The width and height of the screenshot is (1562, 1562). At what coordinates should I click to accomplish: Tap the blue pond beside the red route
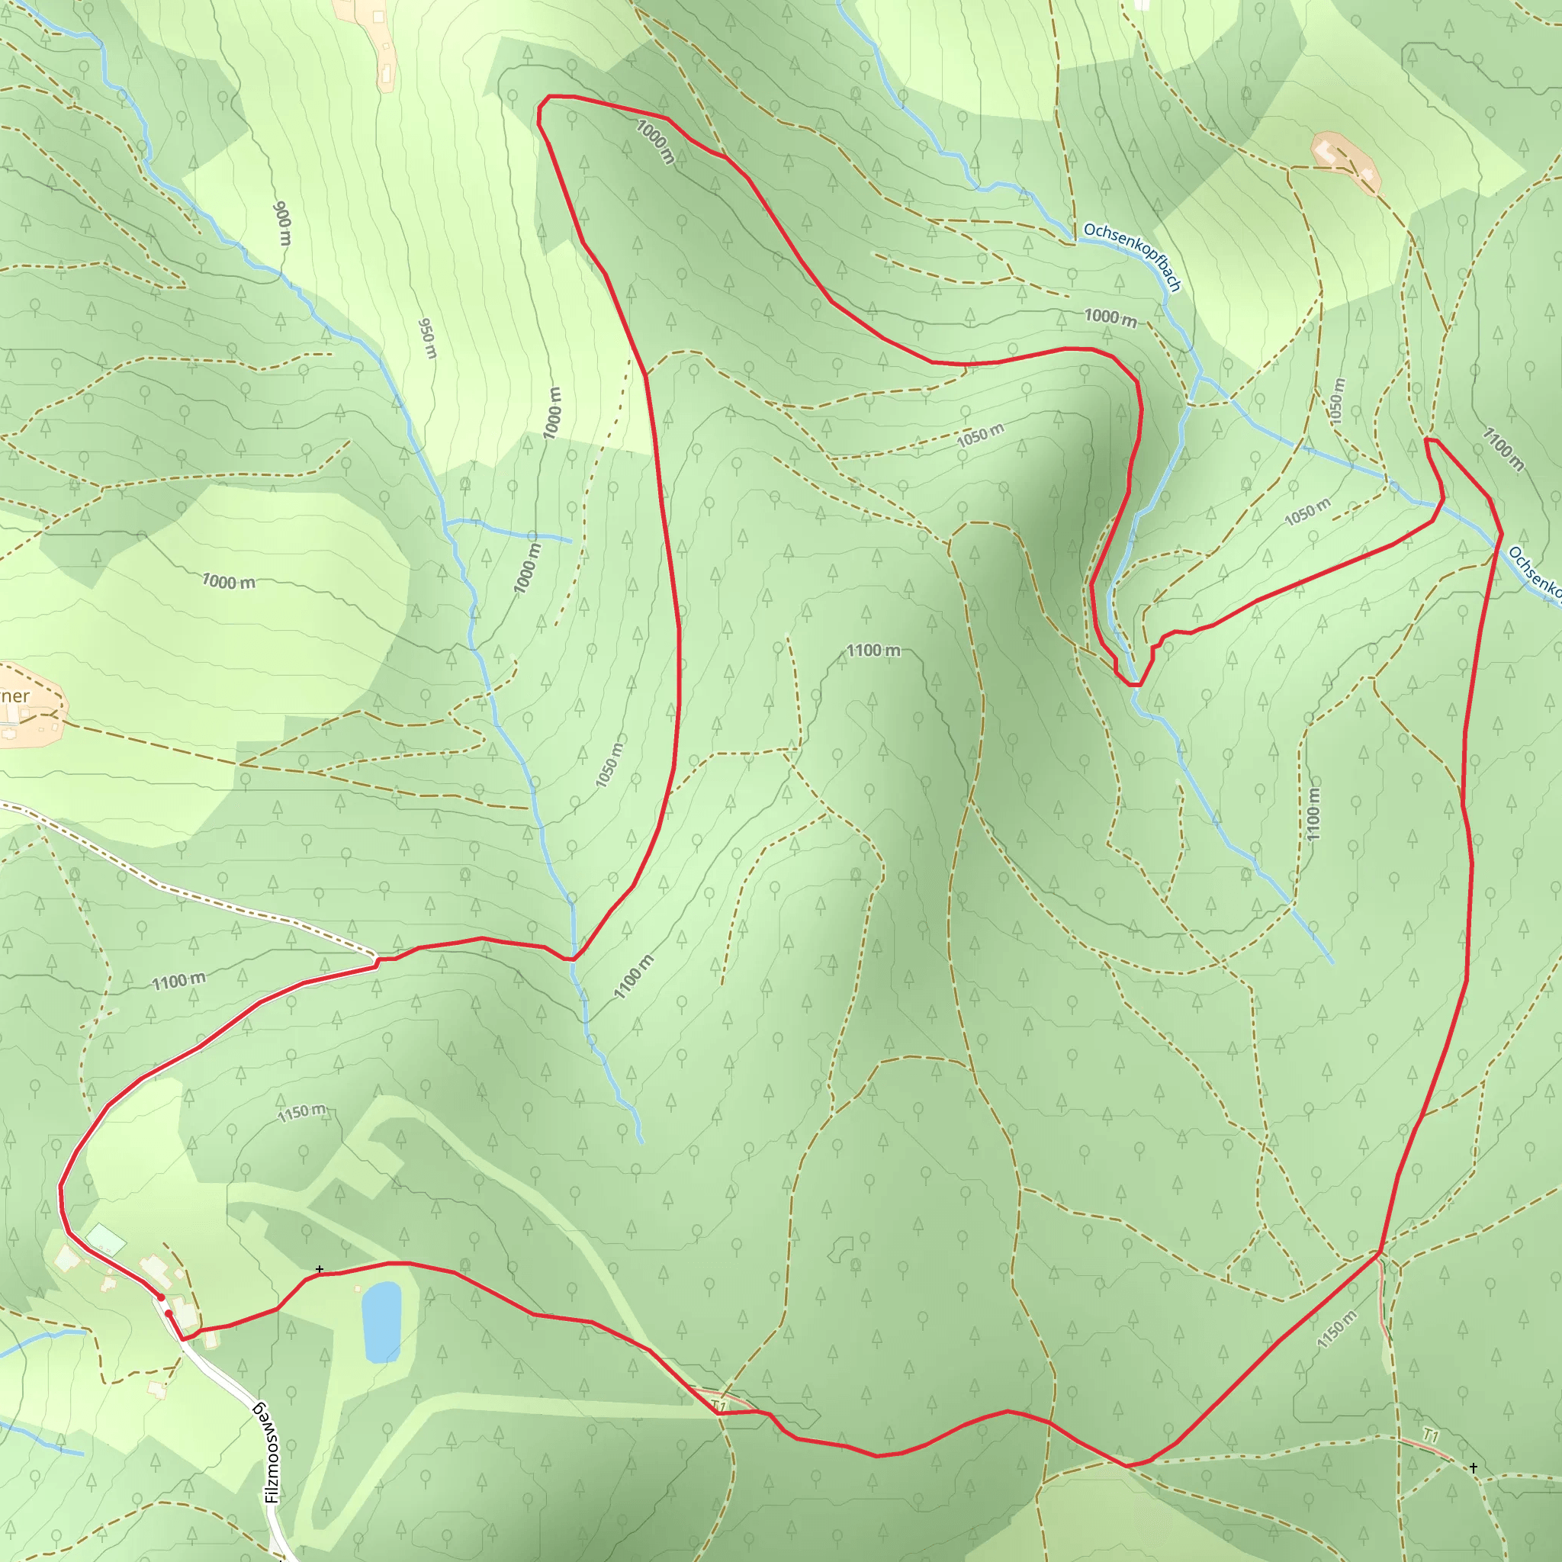pos(381,1321)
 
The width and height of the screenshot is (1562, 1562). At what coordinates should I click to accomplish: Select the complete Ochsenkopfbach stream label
pos(1133,256)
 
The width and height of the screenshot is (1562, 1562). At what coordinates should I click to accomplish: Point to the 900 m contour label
pos(283,223)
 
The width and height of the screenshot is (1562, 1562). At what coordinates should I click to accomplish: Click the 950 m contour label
pos(428,338)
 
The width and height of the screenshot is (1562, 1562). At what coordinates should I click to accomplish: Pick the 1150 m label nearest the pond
pos(301,1114)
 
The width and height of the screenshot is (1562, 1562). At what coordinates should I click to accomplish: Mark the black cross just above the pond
pos(320,1269)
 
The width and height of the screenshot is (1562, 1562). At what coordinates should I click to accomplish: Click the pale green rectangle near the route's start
pos(106,1239)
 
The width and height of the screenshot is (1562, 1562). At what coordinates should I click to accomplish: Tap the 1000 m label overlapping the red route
pos(655,142)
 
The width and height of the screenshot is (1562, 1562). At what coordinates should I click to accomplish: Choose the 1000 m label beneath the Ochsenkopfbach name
pos(1110,318)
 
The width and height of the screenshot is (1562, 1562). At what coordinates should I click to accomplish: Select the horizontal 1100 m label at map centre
pos(873,650)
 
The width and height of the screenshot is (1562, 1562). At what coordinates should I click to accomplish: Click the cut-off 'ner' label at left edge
pos(14,696)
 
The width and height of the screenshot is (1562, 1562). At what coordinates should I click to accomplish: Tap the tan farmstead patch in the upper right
pos(1345,162)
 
